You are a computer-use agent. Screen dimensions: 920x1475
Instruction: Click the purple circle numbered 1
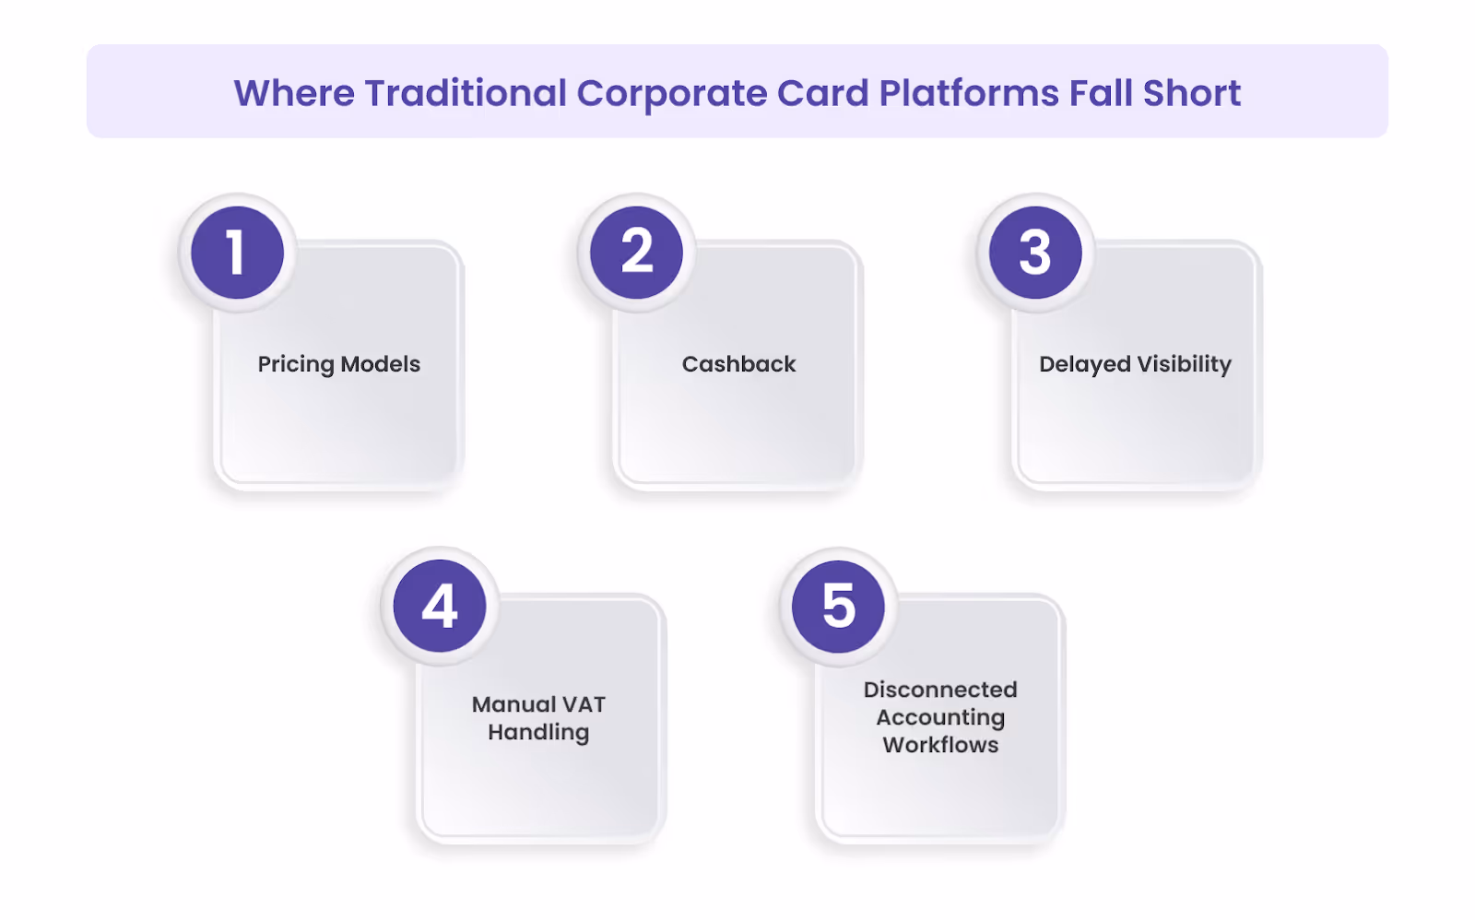click(x=237, y=253)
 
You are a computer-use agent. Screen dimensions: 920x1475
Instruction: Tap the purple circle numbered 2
click(x=636, y=253)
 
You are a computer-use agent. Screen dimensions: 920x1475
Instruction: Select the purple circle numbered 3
click(x=1035, y=253)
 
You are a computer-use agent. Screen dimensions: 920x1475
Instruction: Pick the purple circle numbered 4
click(x=440, y=606)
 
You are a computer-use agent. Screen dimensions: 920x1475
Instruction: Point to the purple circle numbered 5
click(x=839, y=606)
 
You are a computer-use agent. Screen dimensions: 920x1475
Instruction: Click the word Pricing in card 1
click(x=295, y=365)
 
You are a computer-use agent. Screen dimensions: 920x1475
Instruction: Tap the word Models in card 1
click(x=380, y=364)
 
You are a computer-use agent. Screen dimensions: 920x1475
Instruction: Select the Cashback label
click(x=738, y=364)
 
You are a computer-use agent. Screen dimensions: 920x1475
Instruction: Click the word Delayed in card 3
click(x=1084, y=365)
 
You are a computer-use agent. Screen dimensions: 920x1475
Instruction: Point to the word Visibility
click(x=1184, y=365)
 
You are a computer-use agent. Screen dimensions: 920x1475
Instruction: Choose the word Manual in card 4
click(x=513, y=704)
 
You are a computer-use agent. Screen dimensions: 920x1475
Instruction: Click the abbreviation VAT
click(x=584, y=704)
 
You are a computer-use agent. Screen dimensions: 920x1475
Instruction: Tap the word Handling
click(x=538, y=733)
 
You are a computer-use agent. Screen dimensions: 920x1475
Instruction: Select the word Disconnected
click(x=940, y=690)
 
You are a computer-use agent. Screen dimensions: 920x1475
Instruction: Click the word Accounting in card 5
click(x=940, y=718)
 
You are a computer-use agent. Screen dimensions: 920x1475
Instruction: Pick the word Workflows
click(x=940, y=745)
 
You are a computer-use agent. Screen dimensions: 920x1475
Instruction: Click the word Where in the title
click(x=294, y=93)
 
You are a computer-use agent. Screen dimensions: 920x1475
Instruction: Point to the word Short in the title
click(x=1191, y=93)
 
